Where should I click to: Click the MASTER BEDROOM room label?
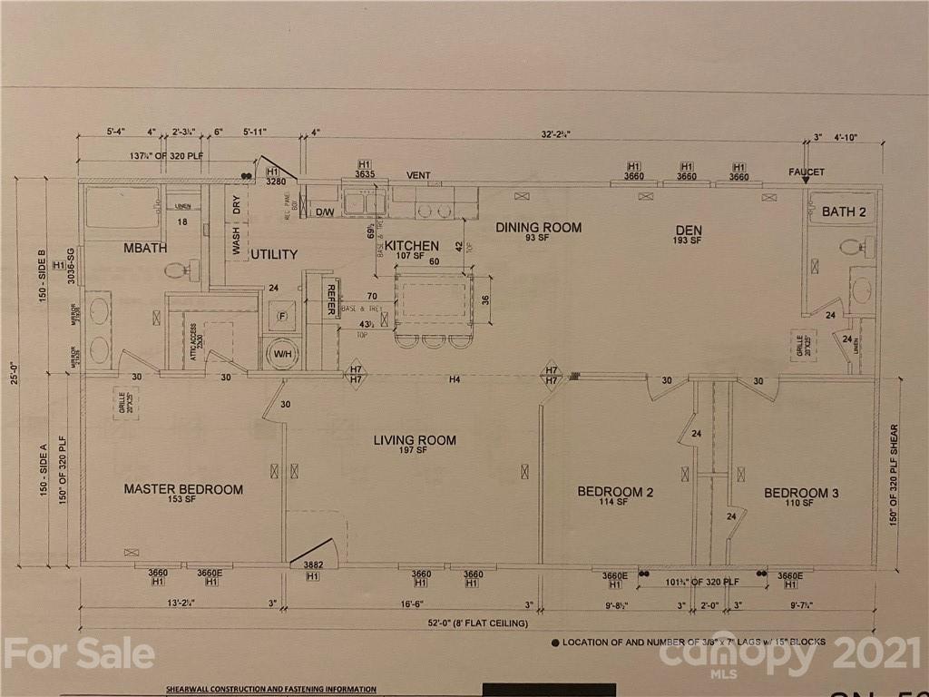click(x=183, y=489)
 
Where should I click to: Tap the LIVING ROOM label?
click(x=415, y=440)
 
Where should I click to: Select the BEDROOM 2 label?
click(x=615, y=492)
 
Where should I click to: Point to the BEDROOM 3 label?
click(x=801, y=493)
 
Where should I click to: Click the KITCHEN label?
click(x=412, y=246)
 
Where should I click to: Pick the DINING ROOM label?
click(x=538, y=227)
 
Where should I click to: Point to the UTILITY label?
click(x=275, y=255)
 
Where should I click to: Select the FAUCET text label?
click(x=806, y=172)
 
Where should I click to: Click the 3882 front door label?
click(x=313, y=564)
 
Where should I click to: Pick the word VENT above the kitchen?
click(x=418, y=175)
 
